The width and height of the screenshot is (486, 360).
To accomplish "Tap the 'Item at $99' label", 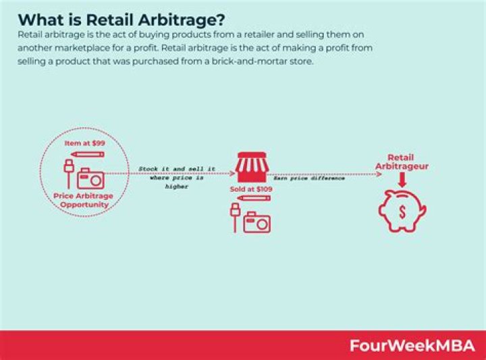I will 83,143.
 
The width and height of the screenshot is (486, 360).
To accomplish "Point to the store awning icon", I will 253,167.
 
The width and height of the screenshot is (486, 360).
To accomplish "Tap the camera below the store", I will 256,223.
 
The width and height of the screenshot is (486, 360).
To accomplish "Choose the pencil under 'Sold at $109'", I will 254,199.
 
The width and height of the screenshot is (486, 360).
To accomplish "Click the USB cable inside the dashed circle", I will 68,172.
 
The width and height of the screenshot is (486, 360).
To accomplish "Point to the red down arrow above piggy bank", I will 402,180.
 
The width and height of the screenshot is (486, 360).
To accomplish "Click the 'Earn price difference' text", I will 308,178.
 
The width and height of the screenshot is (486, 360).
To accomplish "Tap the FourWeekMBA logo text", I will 411,345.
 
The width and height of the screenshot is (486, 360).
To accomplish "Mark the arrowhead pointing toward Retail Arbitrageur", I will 379,174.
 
